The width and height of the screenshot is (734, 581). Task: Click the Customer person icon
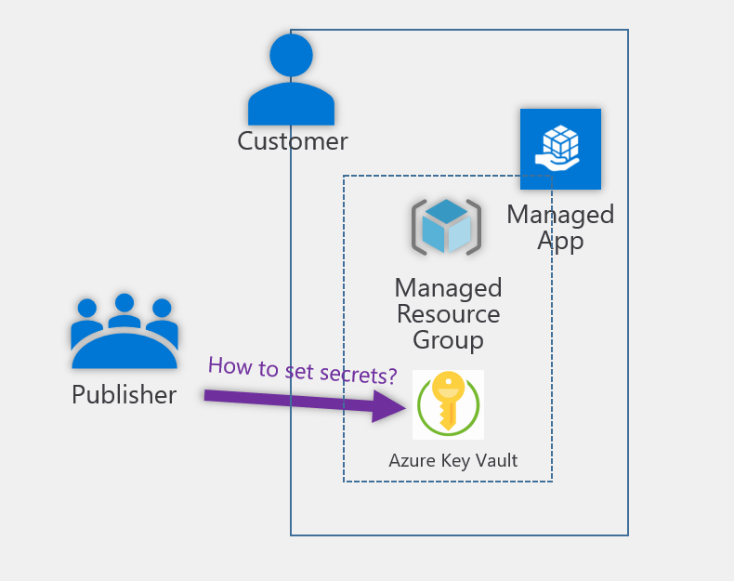pyautogui.click(x=291, y=84)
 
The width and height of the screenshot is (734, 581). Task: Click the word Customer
pyautogui.click(x=292, y=141)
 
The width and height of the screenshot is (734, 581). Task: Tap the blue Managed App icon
pyautogui.click(x=560, y=149)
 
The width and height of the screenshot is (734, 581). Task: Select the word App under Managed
pyautogui.click(x=560, y=241)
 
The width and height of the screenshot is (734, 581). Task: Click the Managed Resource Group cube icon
pyautogui.click(x=446, y=226)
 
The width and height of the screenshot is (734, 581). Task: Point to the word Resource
pyautogui.click(x=448, y=314)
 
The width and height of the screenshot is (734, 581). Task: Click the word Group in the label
pyautogui.click(x=448, y=340)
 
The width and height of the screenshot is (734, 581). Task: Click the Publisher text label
pyautogui.click(x=124, y=394)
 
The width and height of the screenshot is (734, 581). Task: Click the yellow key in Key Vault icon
pyautogui.click(x=448, y=403)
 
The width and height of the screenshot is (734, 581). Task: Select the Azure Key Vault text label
pyautogui.click(x=452, y=460)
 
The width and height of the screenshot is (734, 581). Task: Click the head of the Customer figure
pyautogui.click(x=291, y=55)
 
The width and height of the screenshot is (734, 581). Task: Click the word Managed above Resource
pyautogui.click(x=448, y=287)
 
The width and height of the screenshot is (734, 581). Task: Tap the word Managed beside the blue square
pyautogui.click(x=560, y=215)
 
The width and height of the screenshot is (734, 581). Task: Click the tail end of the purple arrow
pyautogui.click(x=209, y=396)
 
